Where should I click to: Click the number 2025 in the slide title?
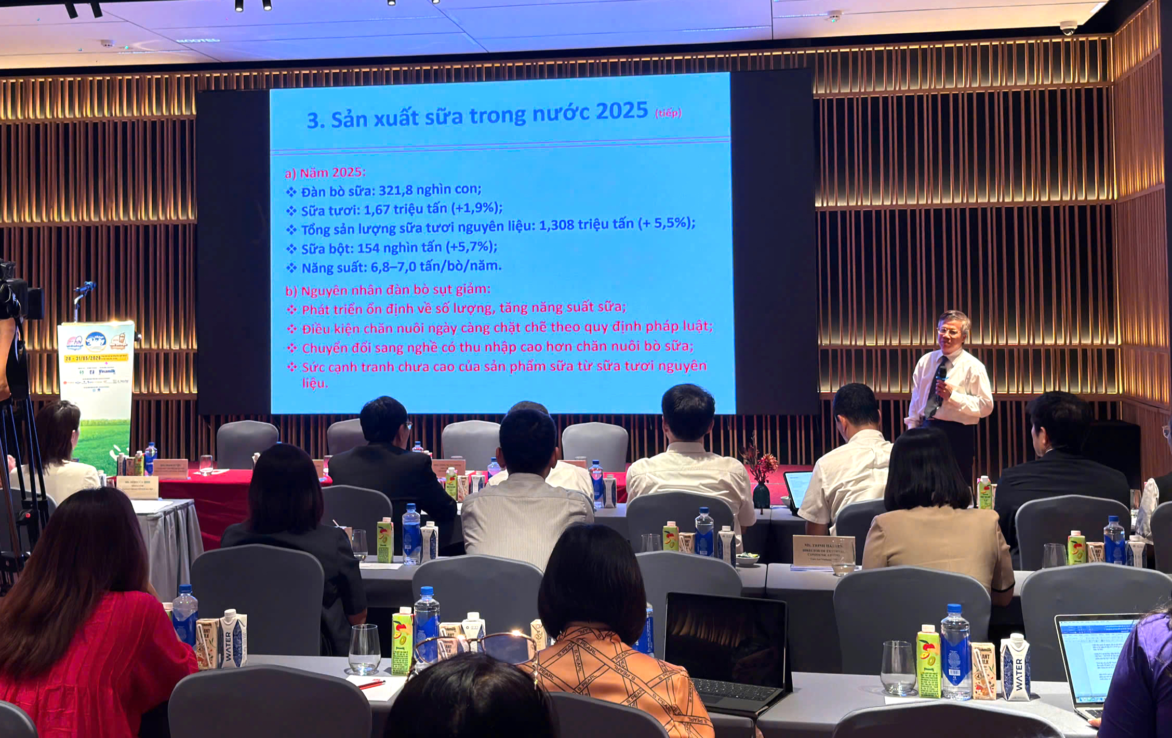[621, 111]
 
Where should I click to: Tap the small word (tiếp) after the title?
[668, 113]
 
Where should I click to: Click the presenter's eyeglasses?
[949, 331]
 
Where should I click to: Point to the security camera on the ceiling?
[1068, 28]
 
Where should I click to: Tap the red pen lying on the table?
[372, 685]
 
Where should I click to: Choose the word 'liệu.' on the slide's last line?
[315, 383]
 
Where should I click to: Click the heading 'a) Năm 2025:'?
[325, 173]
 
